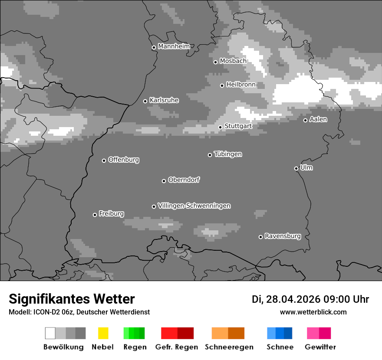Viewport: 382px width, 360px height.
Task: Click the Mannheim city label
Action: (x=174, y=46)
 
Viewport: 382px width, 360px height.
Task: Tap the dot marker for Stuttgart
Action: (x=221, y=127)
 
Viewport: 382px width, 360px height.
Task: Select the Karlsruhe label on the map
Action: (x=164, y=100)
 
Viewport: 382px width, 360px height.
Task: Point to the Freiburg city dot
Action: (x=95, y=215)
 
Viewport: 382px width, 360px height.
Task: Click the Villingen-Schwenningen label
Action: (x=194, y=206)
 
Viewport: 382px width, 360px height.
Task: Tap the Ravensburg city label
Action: (x=283, y=236)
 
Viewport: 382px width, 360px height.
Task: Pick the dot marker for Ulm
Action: (x=296, y=168)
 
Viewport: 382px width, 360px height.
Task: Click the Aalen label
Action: (x=318, y=119)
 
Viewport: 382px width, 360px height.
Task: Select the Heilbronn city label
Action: (x=241, y=85)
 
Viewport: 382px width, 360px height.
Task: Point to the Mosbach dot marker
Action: (x=215, y=62)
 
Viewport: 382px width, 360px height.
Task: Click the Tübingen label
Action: (x=228, y=154)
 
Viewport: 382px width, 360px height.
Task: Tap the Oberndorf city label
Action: (x=184, y=180)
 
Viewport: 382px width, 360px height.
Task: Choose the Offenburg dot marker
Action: (x=104, y=160)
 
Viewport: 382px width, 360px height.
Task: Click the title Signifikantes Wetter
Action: (x=72, y=299)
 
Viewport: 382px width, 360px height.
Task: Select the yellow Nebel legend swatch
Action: (x=103, y=333)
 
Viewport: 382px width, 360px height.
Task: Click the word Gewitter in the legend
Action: (x=320, y=347)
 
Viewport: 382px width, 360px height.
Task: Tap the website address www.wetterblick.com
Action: (x=313, y=312)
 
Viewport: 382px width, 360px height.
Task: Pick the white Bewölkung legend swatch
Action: (x=50, y=333)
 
